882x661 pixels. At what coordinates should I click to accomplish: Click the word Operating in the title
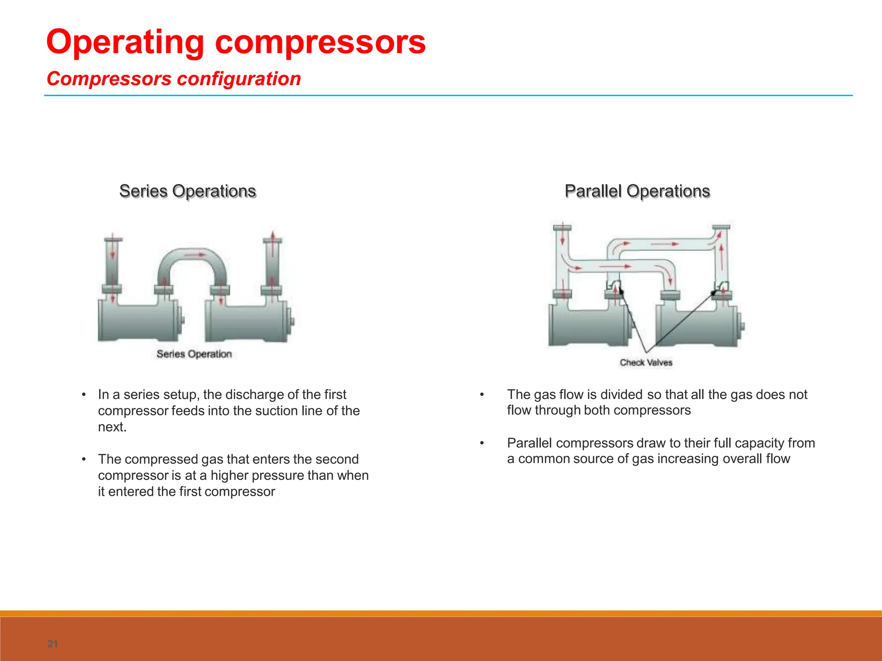click(x=125, y=42)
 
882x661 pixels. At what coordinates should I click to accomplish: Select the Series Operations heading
click(x=187, y=191)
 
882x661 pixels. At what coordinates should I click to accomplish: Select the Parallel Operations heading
click(x=637, y=191)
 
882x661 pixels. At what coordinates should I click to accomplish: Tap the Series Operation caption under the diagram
click(x=194, y=354)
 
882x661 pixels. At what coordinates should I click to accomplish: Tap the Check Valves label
click(x=646, y=362)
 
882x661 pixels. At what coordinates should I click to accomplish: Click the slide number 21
click(x=53, y=644)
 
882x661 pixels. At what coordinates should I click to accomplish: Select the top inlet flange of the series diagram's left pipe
click(x=113, y=240)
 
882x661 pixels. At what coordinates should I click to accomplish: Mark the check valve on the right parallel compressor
click(x=722, y=286)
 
